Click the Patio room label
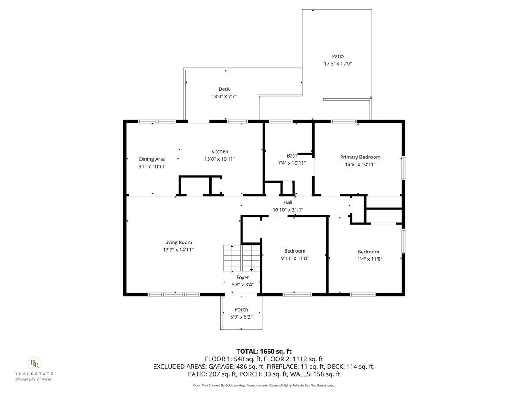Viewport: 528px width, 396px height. pyautogui.click(x=338, y=56)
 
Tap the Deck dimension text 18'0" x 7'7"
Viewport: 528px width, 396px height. pyautogui.click(x=224, y=97)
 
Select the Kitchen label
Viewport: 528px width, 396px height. pyautogui.click(x=220, y=151)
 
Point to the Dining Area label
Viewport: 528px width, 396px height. pyautogui.click(x=152, y=159)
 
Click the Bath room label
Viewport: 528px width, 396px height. pyautogui.click(x=292, y=156)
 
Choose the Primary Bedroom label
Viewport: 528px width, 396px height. pyautogui.click(x=360, y=157)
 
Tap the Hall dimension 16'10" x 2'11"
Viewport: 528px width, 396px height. pyautogui.click(x=288, y=210)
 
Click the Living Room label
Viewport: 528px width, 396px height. pyautogui.click(x=178, y=242)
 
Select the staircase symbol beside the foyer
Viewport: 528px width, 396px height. pyautogui.click(x=242, y=258)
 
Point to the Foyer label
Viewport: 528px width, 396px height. pyautogui.click(x=242, y=278)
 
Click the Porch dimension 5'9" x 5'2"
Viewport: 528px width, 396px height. pyautogui.click(x=241, y=317)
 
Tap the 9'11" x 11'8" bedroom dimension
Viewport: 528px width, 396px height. pyautogui.click(x=295, y=258)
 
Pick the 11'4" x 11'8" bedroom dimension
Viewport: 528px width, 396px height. pyautogui.click(x=368, y=259)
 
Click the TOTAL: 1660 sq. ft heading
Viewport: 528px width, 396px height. pyautogui.click(x=264, y=352)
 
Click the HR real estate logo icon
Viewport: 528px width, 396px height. pyautogui.click(x=35, y=363)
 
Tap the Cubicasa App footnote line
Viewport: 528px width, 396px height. pyautogui.click(x=264, y=385)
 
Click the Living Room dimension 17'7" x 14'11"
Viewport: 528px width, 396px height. pyautogui.click(x=178, y=250)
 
